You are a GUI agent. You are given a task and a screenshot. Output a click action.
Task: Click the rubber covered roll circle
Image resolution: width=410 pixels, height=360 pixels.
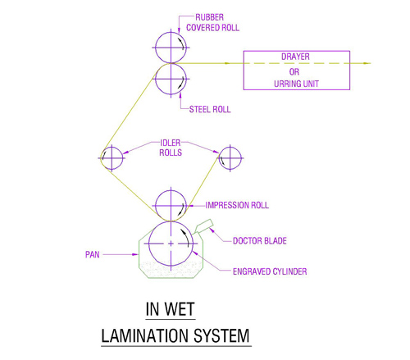156,48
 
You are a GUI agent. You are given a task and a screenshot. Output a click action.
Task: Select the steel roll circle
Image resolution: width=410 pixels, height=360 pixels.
156,79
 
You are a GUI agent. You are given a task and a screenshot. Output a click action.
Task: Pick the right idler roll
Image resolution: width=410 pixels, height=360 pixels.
230,147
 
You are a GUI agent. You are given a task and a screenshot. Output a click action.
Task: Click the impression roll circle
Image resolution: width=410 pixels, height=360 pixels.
156,206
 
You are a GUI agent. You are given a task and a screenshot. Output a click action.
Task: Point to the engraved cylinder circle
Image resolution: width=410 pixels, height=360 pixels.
149,244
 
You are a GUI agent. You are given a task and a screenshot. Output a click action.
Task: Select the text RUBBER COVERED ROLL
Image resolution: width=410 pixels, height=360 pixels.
212,23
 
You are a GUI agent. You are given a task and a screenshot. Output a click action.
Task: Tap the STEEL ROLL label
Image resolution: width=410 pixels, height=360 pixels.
210,109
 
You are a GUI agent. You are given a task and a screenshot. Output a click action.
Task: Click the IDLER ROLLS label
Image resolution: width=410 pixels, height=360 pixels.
171,148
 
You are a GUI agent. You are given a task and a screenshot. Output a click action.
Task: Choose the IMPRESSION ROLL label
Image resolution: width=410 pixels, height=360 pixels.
237,205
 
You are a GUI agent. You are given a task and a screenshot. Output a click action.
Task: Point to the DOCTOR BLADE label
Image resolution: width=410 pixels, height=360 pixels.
260,241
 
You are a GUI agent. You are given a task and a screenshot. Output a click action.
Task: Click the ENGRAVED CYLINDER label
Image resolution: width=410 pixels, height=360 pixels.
270,271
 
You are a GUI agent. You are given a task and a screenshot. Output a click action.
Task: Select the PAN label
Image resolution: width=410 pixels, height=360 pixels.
92,255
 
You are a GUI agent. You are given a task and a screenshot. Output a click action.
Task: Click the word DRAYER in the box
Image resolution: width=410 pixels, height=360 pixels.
295,57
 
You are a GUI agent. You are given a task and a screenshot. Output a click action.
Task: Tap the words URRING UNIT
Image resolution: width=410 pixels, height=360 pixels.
296,84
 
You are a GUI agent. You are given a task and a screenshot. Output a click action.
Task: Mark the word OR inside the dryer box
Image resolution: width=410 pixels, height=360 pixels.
294,71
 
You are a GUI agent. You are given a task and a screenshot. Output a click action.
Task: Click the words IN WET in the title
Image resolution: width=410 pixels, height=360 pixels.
170,309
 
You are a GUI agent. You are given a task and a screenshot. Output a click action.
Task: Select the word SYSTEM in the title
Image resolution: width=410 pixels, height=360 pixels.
221,335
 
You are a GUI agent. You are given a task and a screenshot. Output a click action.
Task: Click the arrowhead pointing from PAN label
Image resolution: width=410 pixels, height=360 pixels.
135,254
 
